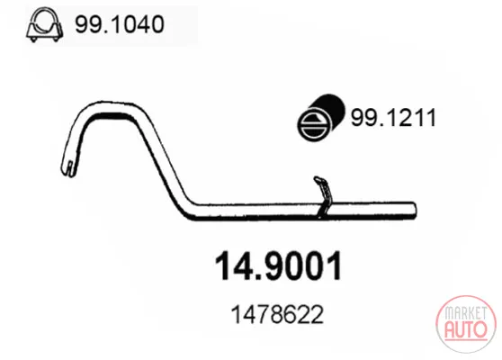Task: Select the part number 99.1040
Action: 120,24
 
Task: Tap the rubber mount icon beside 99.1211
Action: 321,117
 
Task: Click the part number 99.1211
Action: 393,118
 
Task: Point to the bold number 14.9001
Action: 278,265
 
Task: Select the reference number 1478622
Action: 277,314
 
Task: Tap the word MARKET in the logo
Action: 466,313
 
